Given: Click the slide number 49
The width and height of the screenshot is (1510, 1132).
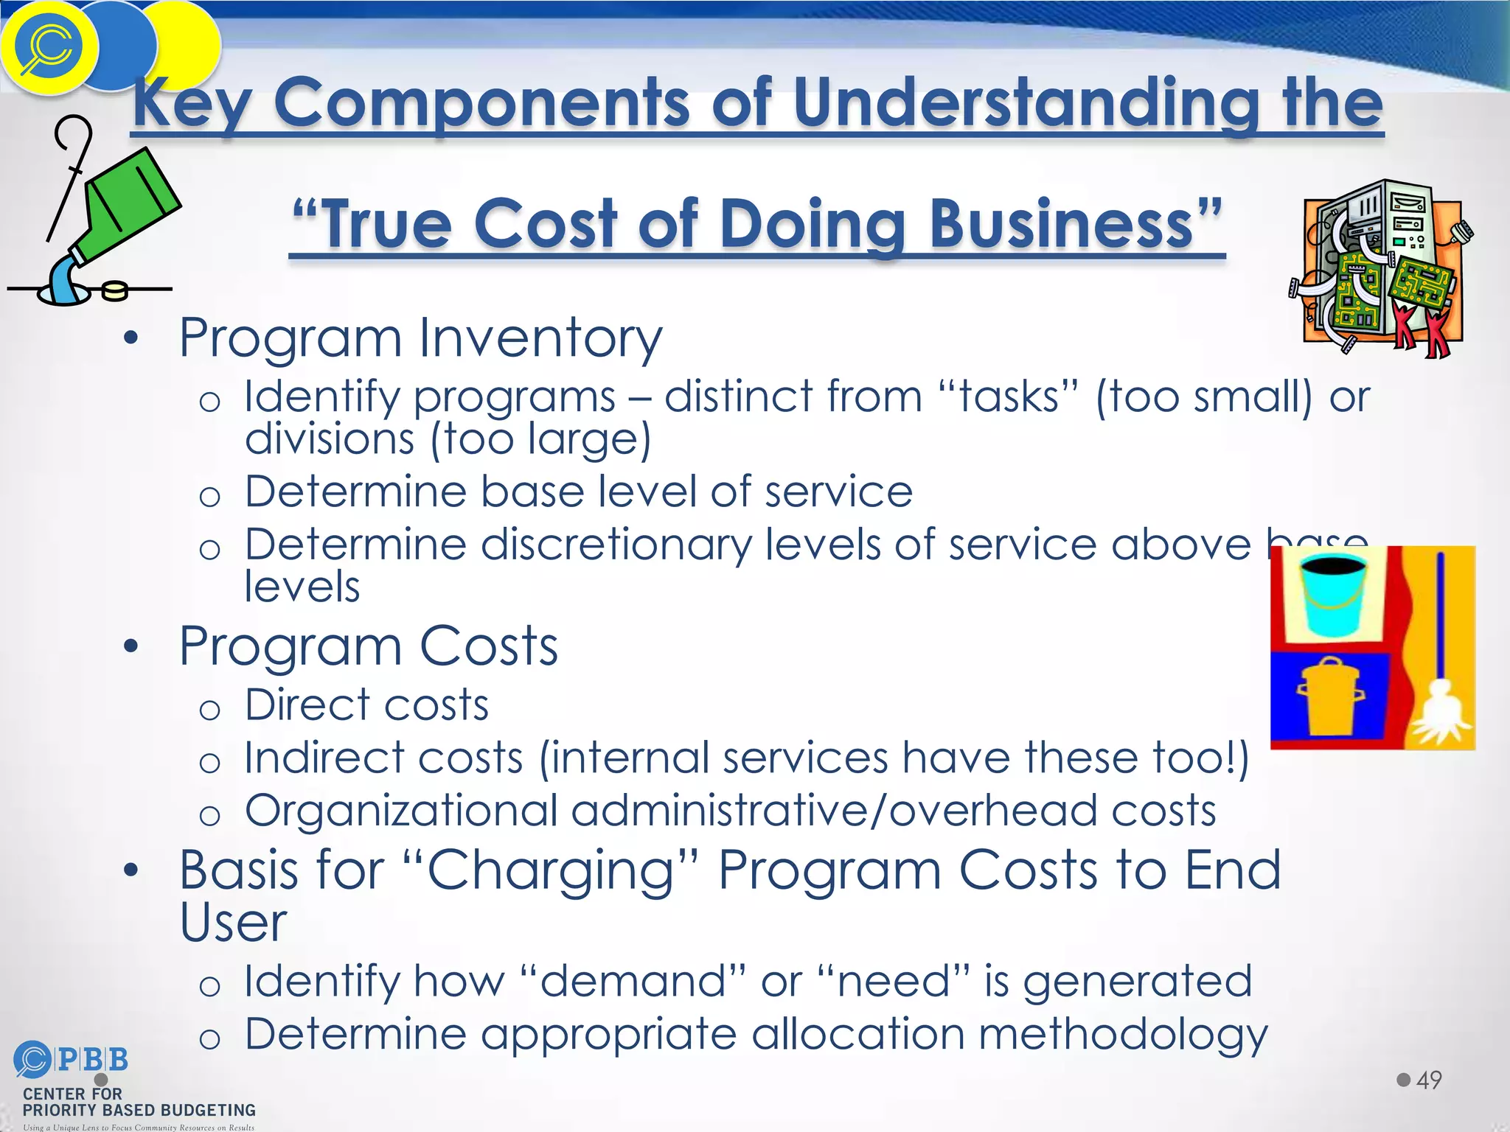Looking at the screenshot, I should tap(1429, 1080).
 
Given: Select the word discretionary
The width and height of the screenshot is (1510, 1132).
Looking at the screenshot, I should tap(616, 545).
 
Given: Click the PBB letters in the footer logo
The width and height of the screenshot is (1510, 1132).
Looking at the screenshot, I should tap(93, 1060).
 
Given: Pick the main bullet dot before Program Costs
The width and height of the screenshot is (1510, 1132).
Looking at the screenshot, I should tap(131, 647).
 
